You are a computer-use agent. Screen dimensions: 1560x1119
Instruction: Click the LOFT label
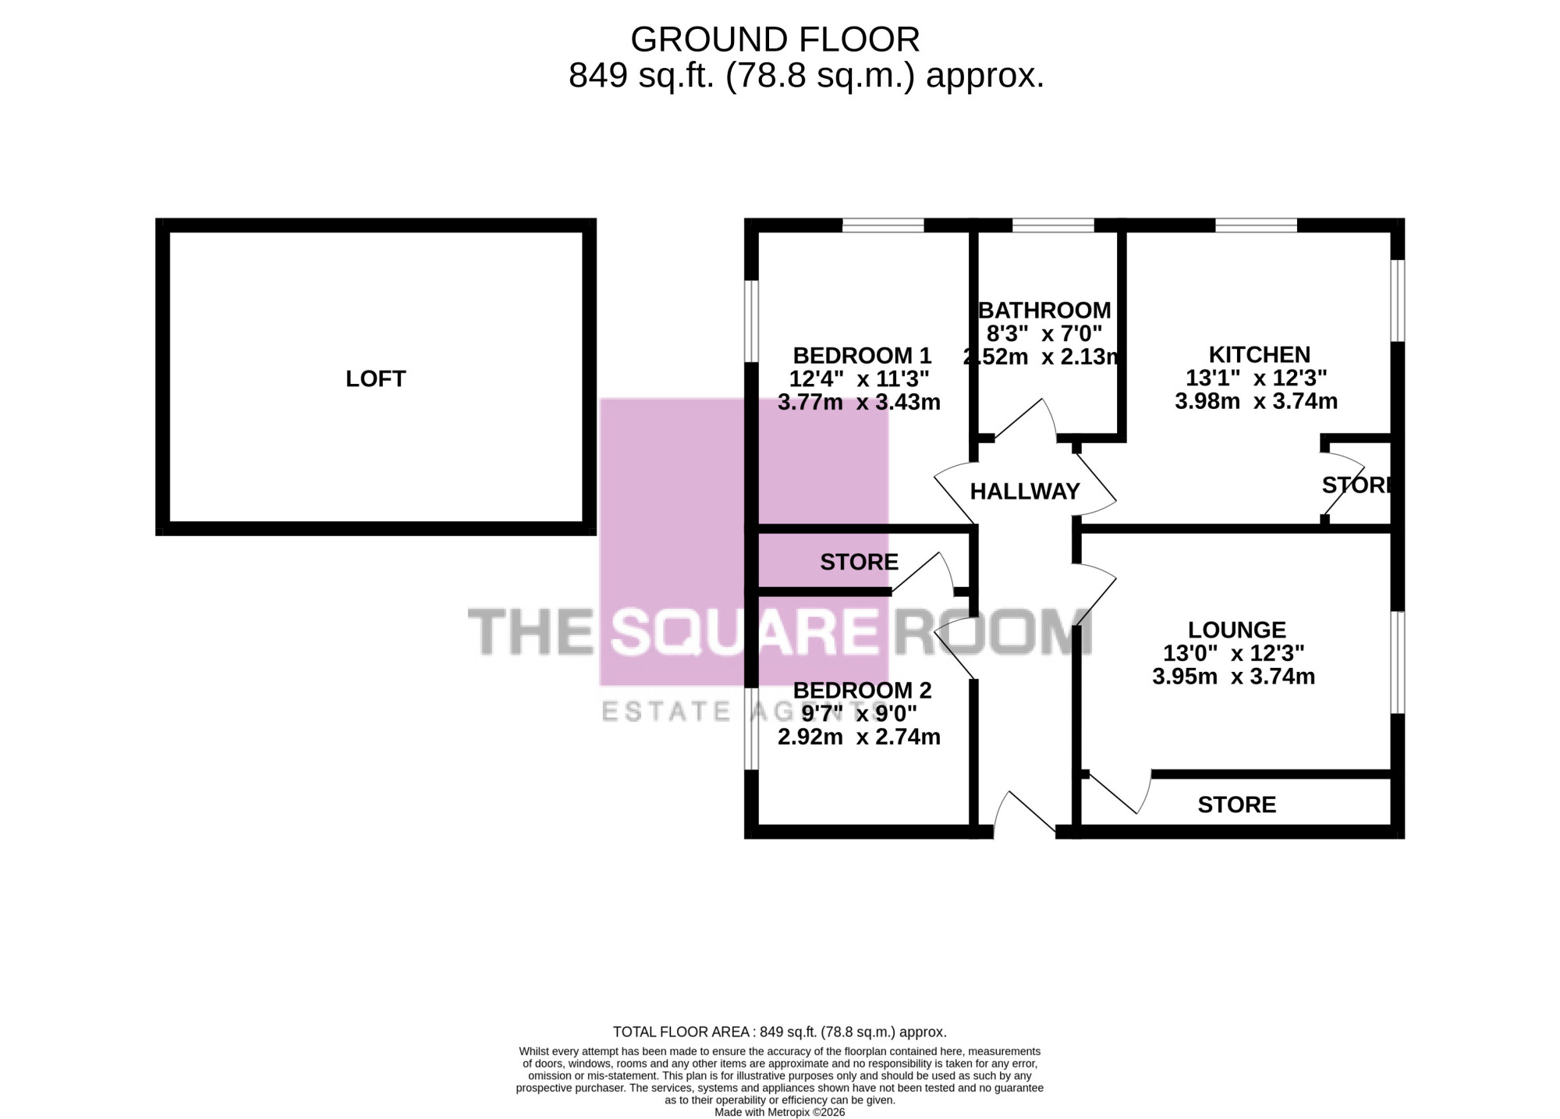click(x=375, y=379)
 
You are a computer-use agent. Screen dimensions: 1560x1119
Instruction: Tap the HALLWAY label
click(x=1025, y=492)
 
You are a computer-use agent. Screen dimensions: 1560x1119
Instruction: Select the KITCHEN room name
click(x=1260, y=355)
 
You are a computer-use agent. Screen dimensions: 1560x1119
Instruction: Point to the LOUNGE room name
click(x=1237, y=630)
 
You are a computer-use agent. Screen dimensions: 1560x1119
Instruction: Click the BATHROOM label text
click(x=1044, y=311)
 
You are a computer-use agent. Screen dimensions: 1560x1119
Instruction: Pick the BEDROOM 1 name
click(x=862, y=356)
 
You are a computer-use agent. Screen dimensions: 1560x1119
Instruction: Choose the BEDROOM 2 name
click(x=862, y=691)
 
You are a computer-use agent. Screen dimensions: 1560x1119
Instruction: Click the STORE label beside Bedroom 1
click(x=859, y=562)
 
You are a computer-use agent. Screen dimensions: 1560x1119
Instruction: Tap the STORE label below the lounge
click(x=1237, y=805)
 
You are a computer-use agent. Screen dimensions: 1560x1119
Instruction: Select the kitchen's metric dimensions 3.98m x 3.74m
click(x=1256, y=402)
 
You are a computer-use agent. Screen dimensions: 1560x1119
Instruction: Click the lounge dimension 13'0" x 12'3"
click(x=1233, y=653)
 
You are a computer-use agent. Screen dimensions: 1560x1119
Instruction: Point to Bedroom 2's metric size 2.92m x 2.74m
click(x=859, y=737)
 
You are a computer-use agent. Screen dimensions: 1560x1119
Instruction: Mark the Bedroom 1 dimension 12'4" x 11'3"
click(x=859, y=379)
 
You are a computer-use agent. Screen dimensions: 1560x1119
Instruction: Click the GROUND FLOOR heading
click(x=775, y=39)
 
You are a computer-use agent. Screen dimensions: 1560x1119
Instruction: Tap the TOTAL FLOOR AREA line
click(x=780, y=1032)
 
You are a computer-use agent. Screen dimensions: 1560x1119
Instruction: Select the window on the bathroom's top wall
click(x=1053, y=226)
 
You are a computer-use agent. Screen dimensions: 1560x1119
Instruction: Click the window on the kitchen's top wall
click(x=1256, y=226)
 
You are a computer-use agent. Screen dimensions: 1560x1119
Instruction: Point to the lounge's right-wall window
click(x=1398, y=662)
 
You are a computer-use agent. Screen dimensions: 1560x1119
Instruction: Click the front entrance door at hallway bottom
click(x=1024, y=814)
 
